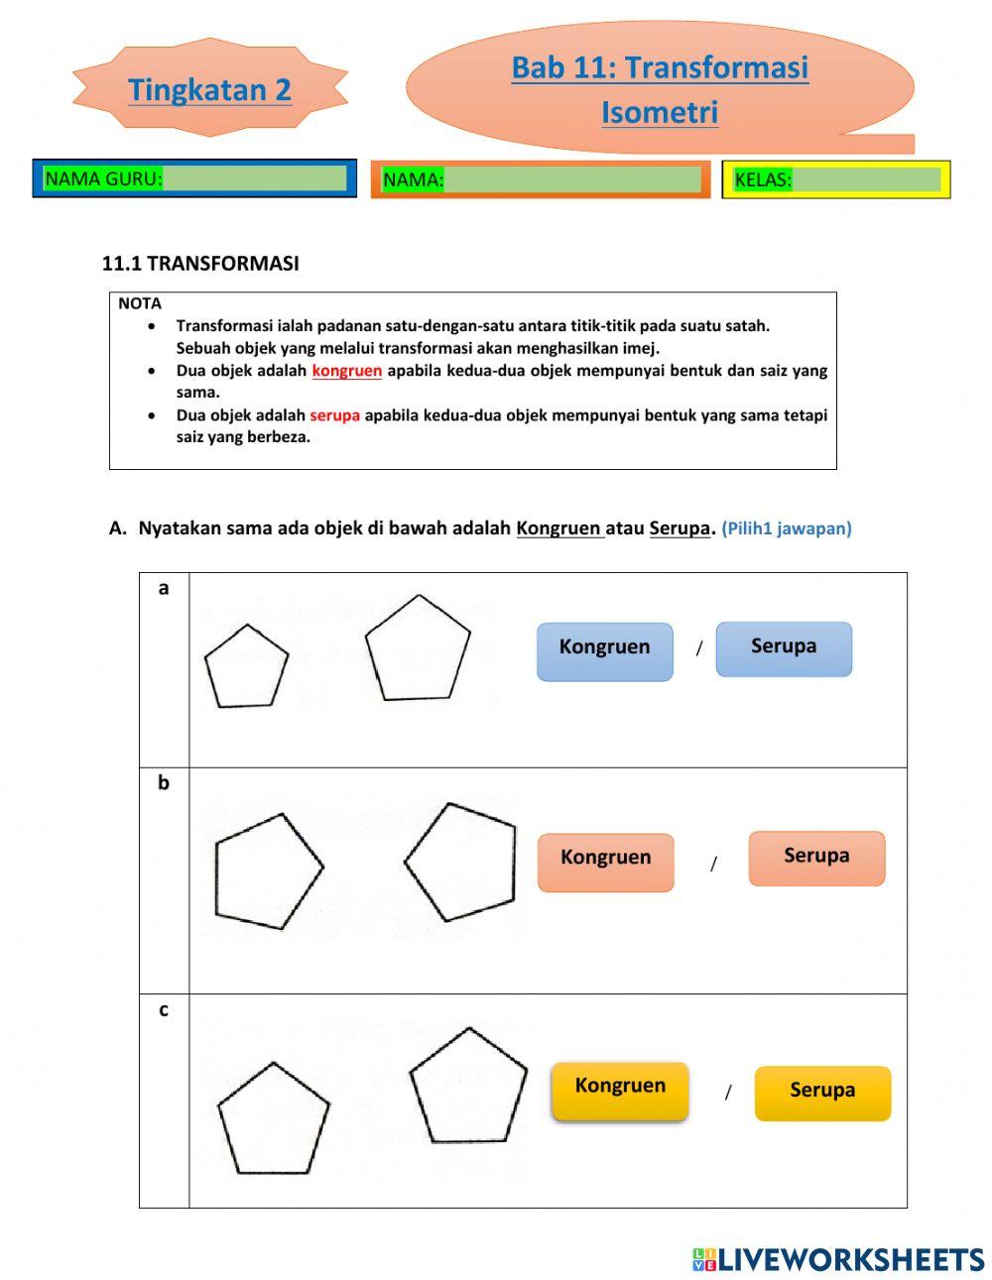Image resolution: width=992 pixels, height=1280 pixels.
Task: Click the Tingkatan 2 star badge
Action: point(209,89)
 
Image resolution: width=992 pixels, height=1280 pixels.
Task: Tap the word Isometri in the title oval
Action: point(660,112)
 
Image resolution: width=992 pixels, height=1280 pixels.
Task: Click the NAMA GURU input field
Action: point(254,178)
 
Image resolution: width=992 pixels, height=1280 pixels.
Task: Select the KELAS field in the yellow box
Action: point(866,179)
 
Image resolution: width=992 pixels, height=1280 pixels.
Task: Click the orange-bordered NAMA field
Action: point(572,179)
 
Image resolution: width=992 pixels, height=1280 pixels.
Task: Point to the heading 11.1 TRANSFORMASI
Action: point(200,264)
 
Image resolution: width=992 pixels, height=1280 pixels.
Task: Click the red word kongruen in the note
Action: point(346,371)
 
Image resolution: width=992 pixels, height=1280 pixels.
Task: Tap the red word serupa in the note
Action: point(334,415)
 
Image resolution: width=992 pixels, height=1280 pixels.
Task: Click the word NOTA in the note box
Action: point(140,303)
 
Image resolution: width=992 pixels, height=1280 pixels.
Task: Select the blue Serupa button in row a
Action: point(784,648)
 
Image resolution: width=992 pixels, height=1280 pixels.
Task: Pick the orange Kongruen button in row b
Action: point(605,861)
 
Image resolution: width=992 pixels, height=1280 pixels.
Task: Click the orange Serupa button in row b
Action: point(816,858)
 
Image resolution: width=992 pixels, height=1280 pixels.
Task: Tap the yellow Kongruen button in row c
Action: point(620,1090)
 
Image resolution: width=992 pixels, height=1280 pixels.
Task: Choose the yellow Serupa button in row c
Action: point(822,1093)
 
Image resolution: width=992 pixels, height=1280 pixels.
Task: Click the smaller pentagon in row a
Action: point(246,667)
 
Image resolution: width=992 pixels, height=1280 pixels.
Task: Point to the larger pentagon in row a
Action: point(418,650)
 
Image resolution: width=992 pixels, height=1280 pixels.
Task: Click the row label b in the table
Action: point(164,783)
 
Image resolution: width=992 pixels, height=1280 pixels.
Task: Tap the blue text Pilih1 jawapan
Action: point(786,528)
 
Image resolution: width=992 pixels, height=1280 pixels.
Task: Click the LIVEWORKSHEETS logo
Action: point(838,1258)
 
